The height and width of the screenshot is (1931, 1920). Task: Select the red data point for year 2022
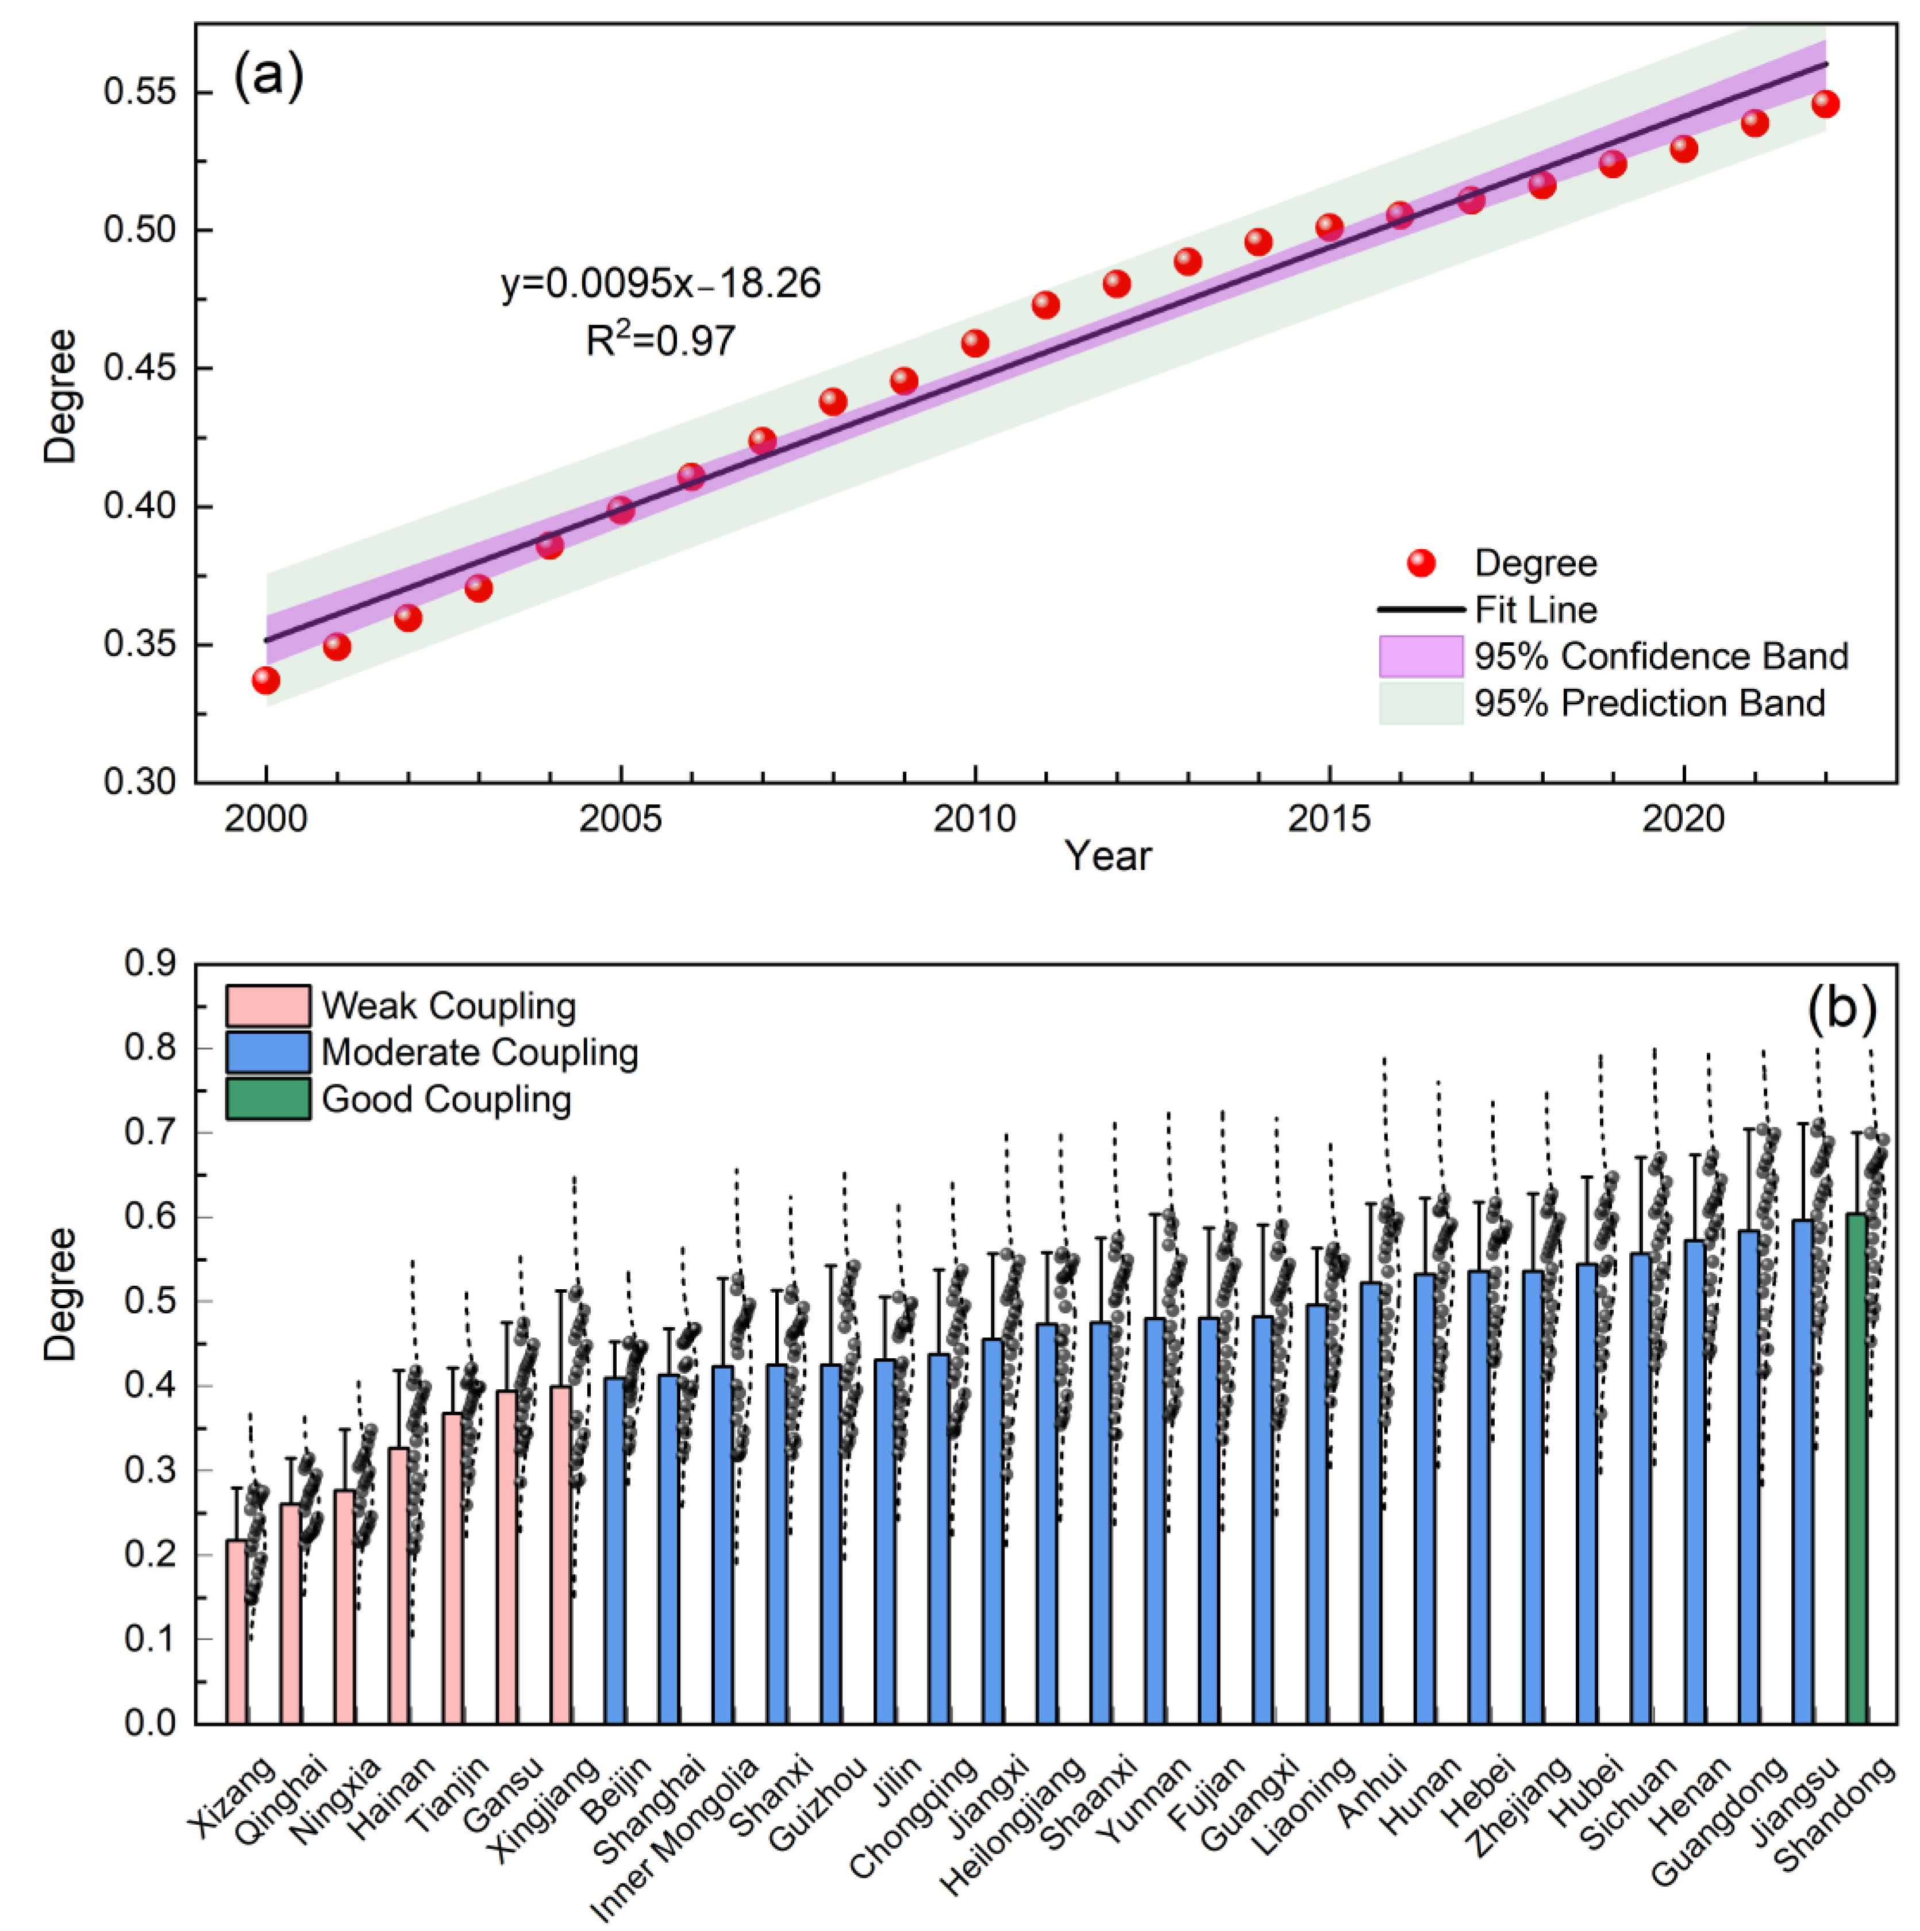[1825, 104]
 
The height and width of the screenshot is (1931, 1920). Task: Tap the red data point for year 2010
[975, 344]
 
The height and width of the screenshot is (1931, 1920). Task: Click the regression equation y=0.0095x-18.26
[661, 284]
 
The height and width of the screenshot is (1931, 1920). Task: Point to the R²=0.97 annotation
[661, 340]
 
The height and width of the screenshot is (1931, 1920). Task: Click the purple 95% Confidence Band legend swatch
[1420, 657]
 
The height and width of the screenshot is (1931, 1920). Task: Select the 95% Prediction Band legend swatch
[1420, 704]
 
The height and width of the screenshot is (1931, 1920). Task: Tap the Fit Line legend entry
[1487, 610]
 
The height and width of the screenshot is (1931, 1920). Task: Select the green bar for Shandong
[1857, 1469]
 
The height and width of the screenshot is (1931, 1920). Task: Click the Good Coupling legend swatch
[268, 1099]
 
